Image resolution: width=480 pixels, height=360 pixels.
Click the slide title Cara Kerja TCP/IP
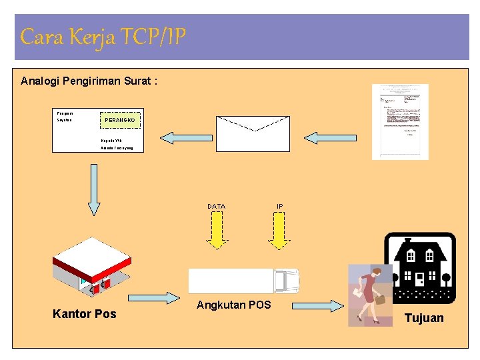click(x=103, y=37)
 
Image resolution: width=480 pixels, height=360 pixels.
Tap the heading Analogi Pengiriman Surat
click(x=89, y=81)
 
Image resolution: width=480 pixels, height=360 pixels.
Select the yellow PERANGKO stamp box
click(x=121, y=120)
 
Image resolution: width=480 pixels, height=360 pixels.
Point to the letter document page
click(x=400, y=121)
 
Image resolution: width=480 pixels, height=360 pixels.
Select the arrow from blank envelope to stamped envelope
click(x=186, y=138)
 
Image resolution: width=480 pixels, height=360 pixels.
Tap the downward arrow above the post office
click(x=94, y=189)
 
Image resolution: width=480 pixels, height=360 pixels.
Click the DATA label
click(x=216, y=207)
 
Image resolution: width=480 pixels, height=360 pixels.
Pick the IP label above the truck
click(x=280, y=207)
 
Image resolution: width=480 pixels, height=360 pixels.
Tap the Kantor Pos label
click(x=84, y=314)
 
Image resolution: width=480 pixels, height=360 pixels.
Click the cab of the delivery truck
click(x=286, y=281)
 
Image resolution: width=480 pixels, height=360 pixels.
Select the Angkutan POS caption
click(x=233, y=305)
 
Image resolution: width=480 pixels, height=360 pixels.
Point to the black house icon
click(x=421, y=267)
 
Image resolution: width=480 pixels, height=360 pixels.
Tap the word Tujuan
click(x=423, y=318)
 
